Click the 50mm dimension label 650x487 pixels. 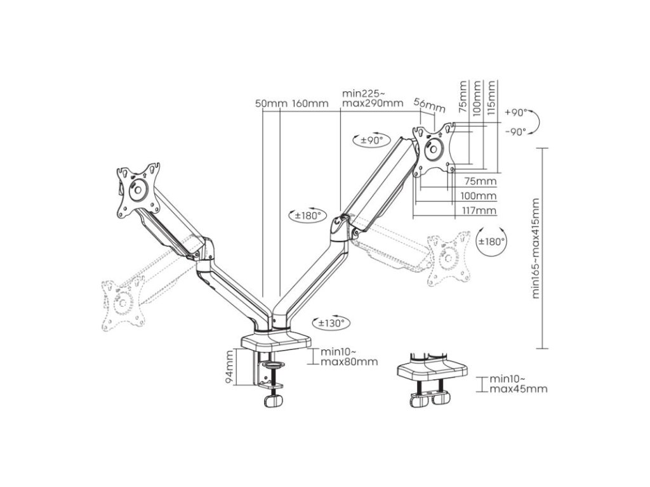270,103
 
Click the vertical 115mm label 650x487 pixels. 490,96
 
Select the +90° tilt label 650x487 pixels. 517,112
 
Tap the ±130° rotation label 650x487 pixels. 331,323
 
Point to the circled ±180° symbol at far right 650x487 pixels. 491,241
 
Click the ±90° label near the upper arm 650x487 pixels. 373,140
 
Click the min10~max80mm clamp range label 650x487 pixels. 348,356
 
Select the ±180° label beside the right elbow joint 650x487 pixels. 307,216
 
